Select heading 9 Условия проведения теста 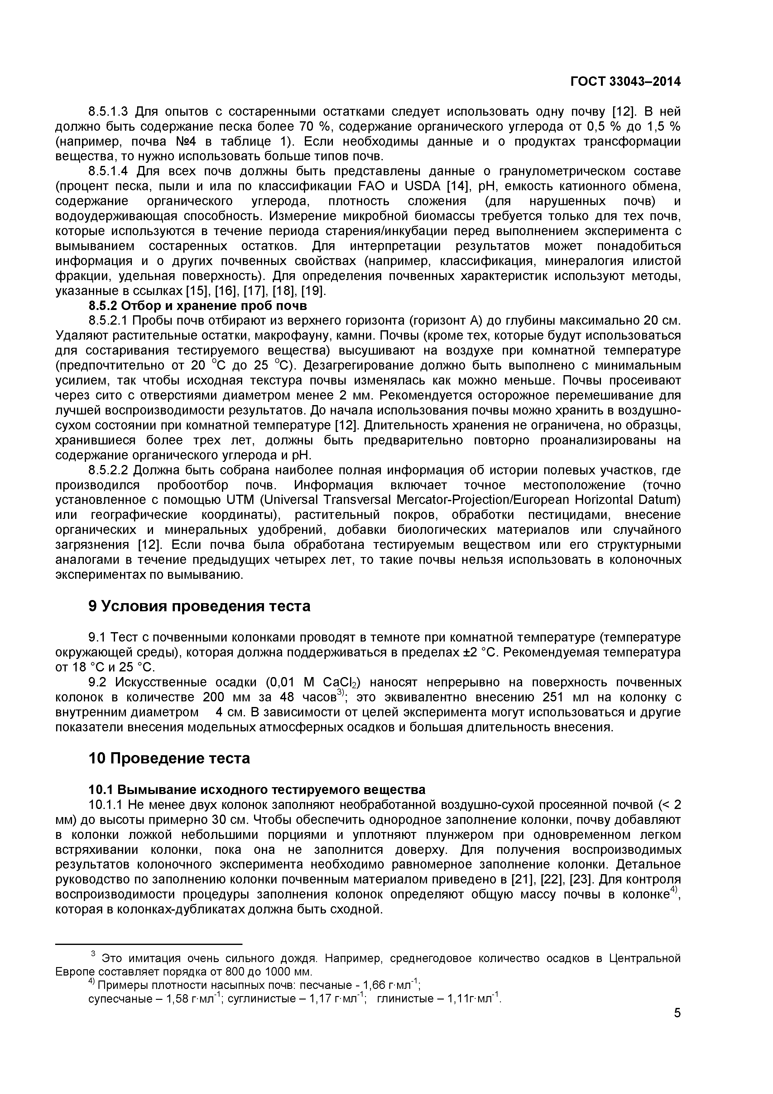coord(199,606)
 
